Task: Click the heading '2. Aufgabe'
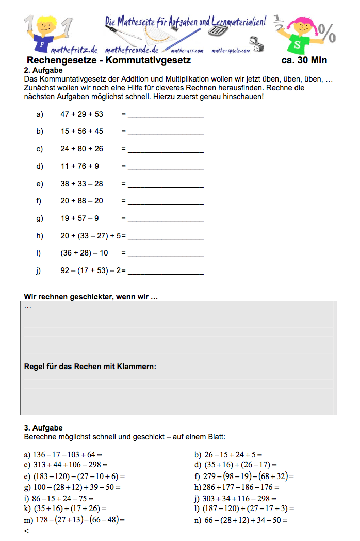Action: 43,70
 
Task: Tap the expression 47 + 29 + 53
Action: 81,114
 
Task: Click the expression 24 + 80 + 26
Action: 81,149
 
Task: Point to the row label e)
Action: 40,184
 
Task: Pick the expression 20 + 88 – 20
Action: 81,201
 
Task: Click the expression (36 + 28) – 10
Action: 84,253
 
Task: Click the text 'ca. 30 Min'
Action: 304,60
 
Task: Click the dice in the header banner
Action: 255,44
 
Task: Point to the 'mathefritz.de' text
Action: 74,50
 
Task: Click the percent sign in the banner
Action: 328,33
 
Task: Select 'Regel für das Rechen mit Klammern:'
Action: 90,367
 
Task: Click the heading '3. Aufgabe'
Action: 43,428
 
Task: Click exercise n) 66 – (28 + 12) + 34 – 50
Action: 241,520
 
